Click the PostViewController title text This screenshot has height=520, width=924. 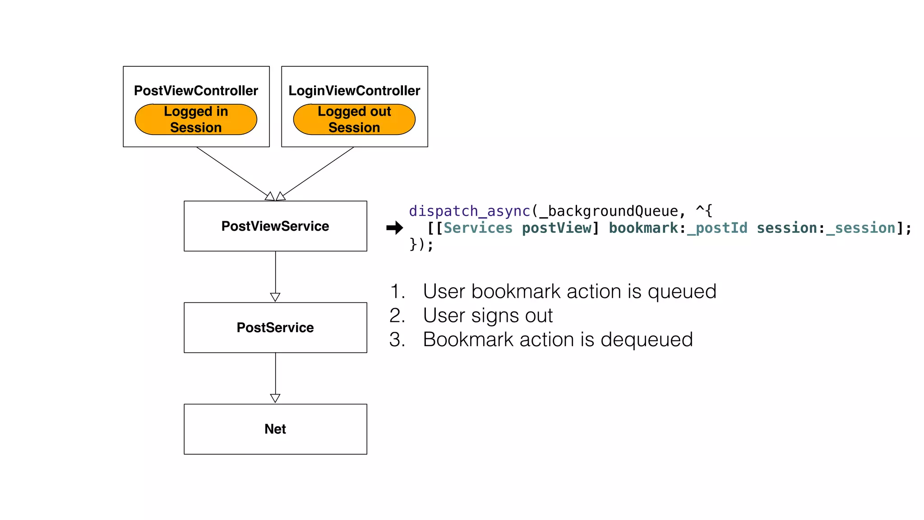196,91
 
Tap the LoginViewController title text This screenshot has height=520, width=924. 354,91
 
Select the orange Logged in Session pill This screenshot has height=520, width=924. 196,120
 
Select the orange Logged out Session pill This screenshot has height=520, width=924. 354,120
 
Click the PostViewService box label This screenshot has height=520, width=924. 275,226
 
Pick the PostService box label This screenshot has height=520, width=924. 275,328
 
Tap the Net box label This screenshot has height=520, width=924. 275,429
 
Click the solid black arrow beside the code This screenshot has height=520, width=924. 394,228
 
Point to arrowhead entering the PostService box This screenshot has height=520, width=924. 275,297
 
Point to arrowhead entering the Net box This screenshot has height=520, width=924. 275,398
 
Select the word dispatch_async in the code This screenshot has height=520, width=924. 469,211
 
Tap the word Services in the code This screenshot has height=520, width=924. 478,228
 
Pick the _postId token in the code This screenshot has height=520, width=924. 717,228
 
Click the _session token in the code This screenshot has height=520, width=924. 861,228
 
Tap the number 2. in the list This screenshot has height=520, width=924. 397,316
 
